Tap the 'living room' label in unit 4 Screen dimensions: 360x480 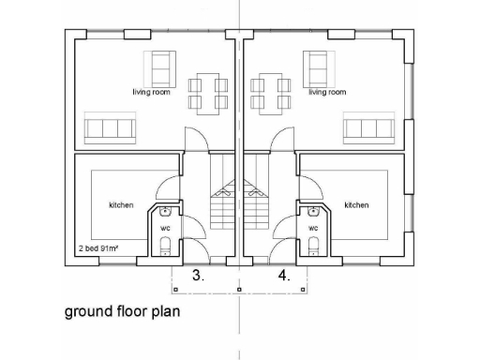[x=327, y=92]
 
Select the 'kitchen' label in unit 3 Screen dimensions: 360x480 [x=121, y=204]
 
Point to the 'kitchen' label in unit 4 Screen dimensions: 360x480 [x=356, y=204]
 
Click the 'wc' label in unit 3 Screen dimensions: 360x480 [x=165, y=228]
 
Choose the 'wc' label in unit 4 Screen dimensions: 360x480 [x=313, y=228]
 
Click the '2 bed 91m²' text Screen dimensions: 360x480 [x=100, y=250]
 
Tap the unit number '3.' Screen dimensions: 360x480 [x=198, y=277]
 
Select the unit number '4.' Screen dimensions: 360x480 [x=284, y=277]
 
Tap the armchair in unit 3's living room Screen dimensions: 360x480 [x=160, y=67]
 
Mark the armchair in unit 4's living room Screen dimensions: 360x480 [x=318, y=67]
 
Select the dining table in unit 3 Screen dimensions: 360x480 [x=208, y=92]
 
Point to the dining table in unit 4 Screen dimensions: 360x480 [x=269, y=92]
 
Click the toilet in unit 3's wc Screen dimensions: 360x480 [x=166, y=246]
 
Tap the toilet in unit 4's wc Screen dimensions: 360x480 [x=313, y=246]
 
